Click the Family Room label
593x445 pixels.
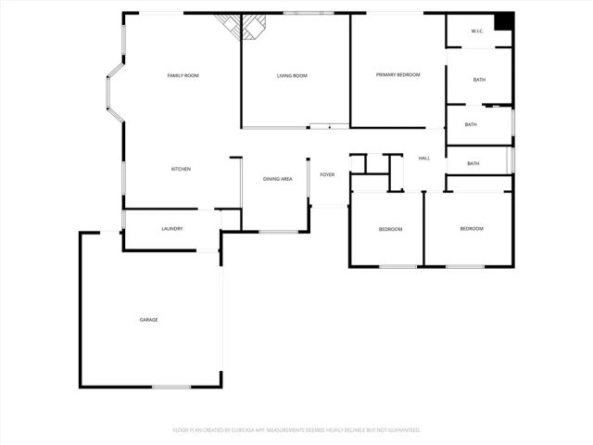(x=183, y=75)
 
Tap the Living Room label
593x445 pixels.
(x=292, y=75)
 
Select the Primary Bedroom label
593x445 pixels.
(x=397, y=74)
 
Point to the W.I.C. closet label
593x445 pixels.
(x=477, y=32)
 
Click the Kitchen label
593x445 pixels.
(x=181, y=169)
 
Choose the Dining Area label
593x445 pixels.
(x=278, y=178)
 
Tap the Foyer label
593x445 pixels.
(x=327, y=174)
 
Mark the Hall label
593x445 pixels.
(x=424, y=159)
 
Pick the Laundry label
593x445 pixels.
(x=172, y=229)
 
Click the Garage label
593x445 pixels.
(x=148, y=320)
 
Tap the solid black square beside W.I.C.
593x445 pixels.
(x=503, y=22)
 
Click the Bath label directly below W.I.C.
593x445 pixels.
(x=479, y=80)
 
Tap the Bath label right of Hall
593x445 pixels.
(x=473, y=164)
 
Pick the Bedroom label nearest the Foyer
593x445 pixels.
(x=390, y=229)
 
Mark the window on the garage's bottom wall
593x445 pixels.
(x=171, y=387)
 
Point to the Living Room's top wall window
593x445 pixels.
(x=302, y=13)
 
